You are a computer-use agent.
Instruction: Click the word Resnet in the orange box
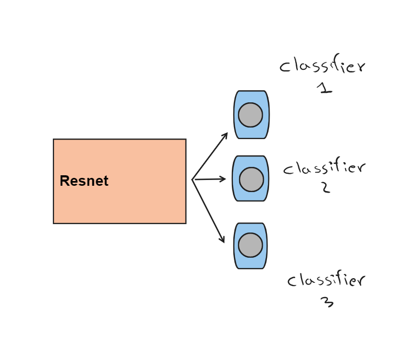coord(84,181)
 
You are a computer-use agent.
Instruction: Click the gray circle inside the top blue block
coord(251,115)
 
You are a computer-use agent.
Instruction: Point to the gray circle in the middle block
coord(252,179)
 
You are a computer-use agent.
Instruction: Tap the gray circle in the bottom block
coord(251,245)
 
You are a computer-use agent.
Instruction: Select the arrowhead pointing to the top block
coord(226,134)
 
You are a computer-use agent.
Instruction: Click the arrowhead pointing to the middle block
coord(224,179)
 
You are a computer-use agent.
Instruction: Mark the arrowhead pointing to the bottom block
coord(223,240)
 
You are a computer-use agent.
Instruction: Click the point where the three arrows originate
coord(192,179)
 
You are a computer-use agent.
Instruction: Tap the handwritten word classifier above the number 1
coord(322,67)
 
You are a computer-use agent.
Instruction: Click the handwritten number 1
coord(325,89)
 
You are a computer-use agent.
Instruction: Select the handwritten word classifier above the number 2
coord(324,168)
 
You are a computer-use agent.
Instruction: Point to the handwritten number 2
coord(326,187)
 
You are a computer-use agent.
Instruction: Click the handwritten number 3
coord(327,302)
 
